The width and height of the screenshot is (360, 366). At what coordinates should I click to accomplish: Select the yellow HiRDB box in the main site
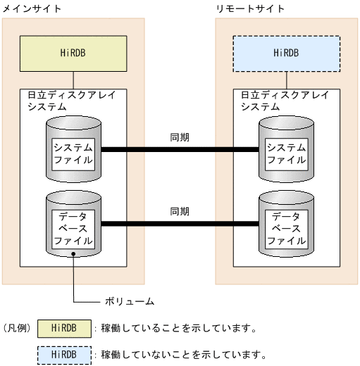pos(73,53)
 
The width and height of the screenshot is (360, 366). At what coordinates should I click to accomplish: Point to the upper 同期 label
pos(180,137)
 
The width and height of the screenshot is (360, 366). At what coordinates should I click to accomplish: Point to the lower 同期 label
pos(180,211)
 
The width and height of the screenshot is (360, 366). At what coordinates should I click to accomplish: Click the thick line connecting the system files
pos(180,150)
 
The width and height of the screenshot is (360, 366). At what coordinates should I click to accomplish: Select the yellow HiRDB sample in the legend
pos(64,328)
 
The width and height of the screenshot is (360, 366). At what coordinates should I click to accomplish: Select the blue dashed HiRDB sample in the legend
pos(64,353)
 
